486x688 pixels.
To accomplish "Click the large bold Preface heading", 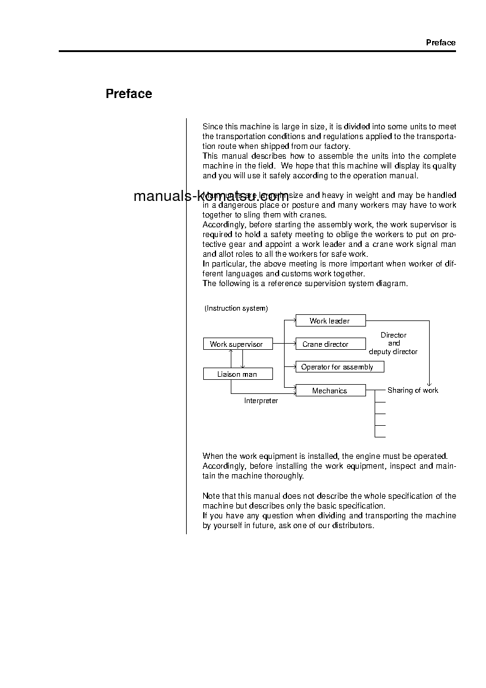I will [129, 94].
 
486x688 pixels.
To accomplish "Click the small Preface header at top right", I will [441, 42].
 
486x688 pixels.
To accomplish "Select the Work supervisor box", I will [237, 344].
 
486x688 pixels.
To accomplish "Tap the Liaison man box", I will [237, 374].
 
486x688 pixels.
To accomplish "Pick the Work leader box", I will [330, 320].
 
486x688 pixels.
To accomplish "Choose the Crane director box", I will [330, 344].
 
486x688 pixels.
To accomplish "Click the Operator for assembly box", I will [339, 367].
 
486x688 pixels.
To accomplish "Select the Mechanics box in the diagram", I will [330, 390].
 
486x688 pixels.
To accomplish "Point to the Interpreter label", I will [261, 401].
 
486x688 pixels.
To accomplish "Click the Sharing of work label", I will [413, 390].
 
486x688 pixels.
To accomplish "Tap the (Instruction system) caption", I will [236, 308].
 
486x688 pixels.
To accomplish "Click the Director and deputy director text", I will [393, 344].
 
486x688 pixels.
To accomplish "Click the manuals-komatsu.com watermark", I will [211, 197].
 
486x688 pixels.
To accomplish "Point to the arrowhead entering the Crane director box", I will [294, 344].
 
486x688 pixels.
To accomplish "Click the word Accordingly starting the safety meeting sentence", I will [223, 225].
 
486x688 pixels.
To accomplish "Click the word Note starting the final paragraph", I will [211, 496].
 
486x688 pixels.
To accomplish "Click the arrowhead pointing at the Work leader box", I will [294, 320].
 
